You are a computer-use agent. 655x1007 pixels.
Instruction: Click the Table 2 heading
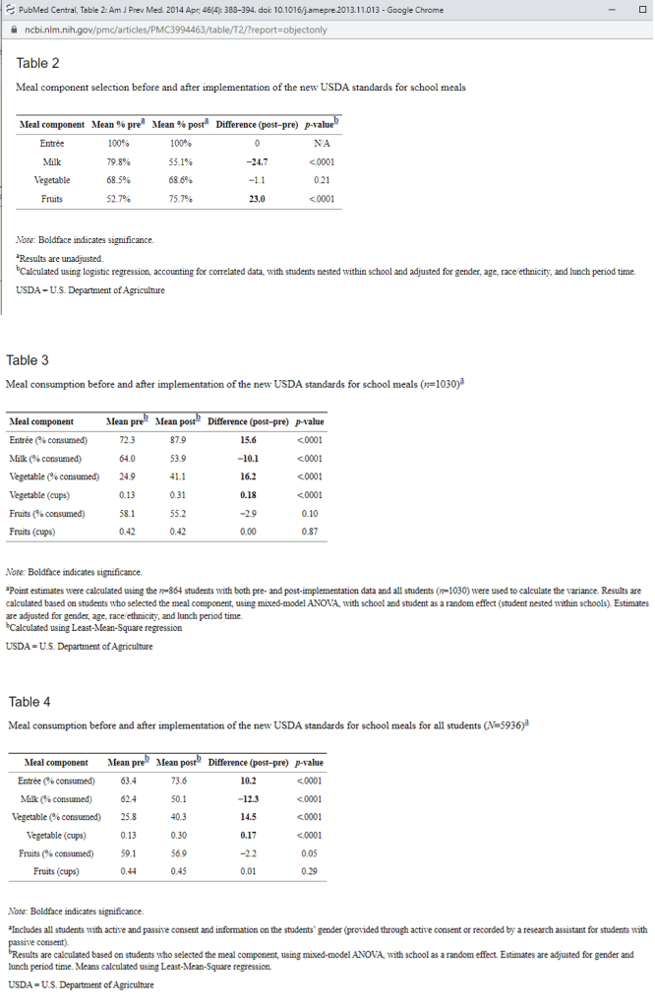(x=39, y=63)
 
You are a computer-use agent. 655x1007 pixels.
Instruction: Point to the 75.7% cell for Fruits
(x=178, y=199)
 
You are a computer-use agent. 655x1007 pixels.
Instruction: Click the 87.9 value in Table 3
(x=177, y=440)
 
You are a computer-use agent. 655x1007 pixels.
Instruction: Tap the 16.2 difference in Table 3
(x=248, y=476)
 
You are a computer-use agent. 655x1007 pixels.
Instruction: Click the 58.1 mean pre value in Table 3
(x=127, y=513)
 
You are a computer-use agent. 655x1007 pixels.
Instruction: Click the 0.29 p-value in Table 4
(x=309, y=871)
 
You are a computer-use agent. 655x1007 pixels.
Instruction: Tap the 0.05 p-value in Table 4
(x=309, y=853)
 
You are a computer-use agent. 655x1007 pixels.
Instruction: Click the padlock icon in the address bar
(x=12, y=30)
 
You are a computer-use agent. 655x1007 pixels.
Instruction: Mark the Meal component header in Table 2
(x=52, y=125)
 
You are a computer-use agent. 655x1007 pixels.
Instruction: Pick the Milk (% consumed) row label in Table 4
(x=56, y=798)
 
